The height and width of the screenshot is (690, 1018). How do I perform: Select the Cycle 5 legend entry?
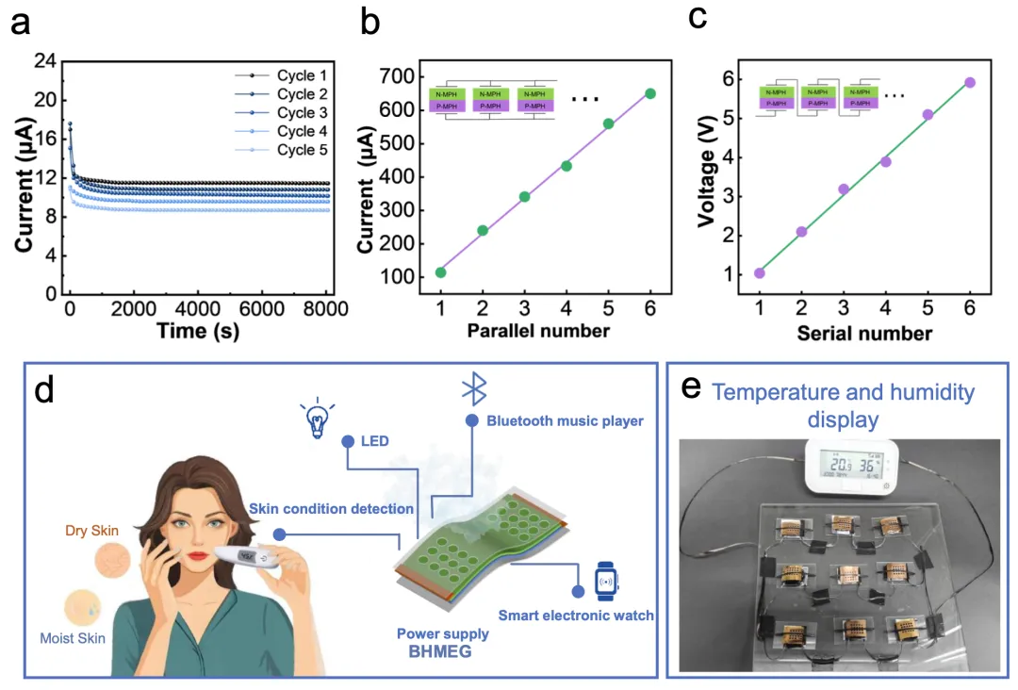302,150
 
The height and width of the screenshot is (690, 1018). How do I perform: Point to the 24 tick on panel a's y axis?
45,61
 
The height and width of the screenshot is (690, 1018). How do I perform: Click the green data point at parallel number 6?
650,93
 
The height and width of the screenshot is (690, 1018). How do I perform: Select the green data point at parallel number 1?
440,272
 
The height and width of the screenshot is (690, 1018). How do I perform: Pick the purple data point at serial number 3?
844,189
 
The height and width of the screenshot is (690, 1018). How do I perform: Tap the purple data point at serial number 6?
970,83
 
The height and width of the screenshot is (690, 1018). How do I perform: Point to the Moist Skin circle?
82,607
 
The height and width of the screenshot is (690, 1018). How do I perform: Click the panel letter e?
693,386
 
